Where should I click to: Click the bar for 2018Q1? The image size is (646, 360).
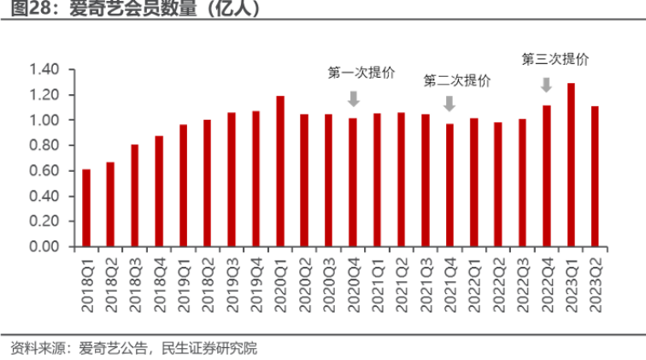pyautogui.click(x=86, y=209)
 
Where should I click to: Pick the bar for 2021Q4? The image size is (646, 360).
pyautogui.click(x=449, y=186)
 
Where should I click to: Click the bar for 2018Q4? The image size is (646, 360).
pyautogui.click(x=159, y=192)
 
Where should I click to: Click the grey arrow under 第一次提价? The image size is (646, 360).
pyautogui.click(x=353, y=98)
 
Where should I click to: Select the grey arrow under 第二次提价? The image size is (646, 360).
pyautogui.click(x=449, y=103)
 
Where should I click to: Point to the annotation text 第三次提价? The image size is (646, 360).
pyautogui.click(x=555, y=60)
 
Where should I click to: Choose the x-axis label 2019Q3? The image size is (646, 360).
pyautogui.click(x=232, y=283)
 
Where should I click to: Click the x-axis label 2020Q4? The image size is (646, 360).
pyautogui.click(x=353, y=283)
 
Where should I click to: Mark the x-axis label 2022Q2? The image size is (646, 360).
pyautogui.click(x=498, y=283)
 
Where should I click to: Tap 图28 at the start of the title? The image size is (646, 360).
pyautogui.click(x=25, y=11)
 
